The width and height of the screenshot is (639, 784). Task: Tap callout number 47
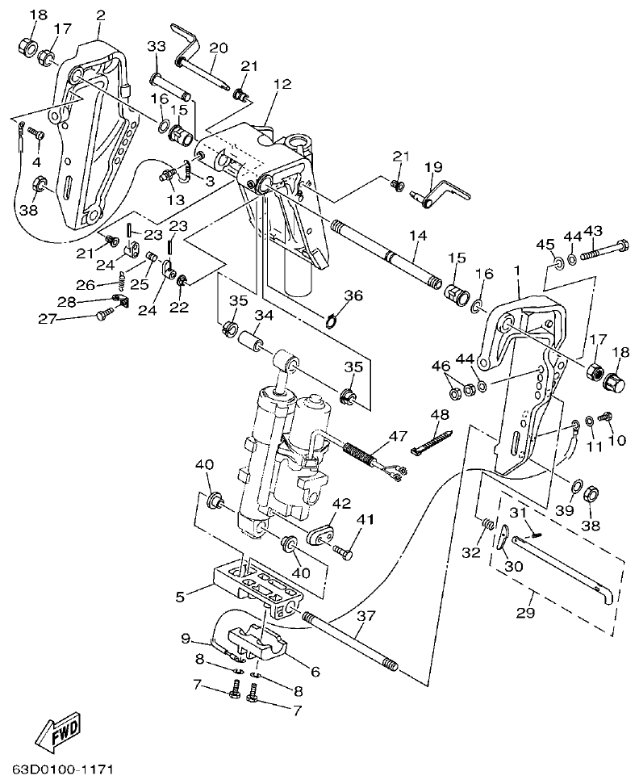coord(397,436)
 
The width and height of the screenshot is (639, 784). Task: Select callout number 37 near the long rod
coord(365,616)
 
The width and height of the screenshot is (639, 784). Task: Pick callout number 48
coord(439,415)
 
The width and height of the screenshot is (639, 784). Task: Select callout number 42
coord(341,503)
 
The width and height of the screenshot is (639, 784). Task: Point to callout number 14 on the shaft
coord(416,236)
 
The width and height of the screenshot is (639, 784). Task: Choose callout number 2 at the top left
coord(100,15)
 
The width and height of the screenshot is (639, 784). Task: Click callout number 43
coord(593,231)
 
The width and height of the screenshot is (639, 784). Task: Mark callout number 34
coord(264,314)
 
